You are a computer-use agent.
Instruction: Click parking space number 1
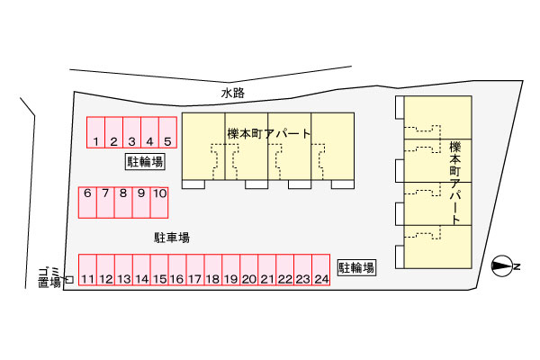pyautogui.click(x=95, y=133)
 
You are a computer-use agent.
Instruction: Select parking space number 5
pyautogui.click(x=167, y=133)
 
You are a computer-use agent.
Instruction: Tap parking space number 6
pyautogui.click(x=87, y=202)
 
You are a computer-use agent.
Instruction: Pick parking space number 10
pyautogui.click(x=158, y=202)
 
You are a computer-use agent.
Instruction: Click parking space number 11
pyautogui.click(x=87, y=271)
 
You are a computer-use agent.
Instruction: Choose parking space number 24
pyautogui.click(x=320, y=271)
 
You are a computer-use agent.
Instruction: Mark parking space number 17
pyautogui.click(x=195, y=271)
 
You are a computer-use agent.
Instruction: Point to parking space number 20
pyautogui.click(x=249, y=271)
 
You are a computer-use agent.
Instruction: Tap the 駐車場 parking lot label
pyautogui.click(x=171, y=238)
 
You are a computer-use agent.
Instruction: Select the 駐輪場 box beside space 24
pyautogui.click(x=356, y=267)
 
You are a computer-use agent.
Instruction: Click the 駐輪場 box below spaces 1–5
pyautogui.click(x=144, y=162)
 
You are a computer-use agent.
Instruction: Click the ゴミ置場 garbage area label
pyautogui.click(x=49, y=276)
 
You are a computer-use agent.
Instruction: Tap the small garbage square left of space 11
pyautogui.click(x=68, y=280)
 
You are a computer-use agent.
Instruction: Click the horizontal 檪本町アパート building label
pyautogui.click(x=269, y=134)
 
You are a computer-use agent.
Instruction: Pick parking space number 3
pyautogui.click(x=131, y=133)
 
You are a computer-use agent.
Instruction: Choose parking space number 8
pyautogui.click(x=123, y=202)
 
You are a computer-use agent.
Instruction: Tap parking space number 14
pyautogui.click(x=141, y=271)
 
